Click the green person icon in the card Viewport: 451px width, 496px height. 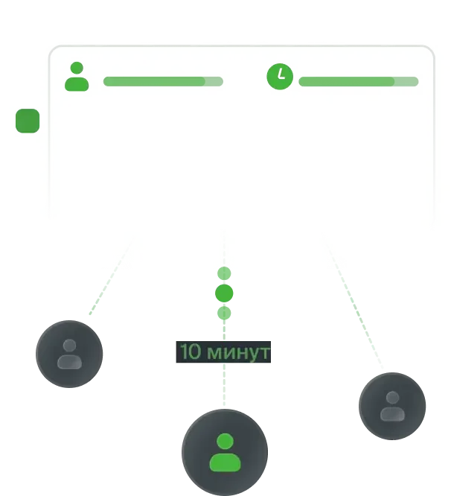[x=77, y=77]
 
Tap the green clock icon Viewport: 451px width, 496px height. [x=280, y=77]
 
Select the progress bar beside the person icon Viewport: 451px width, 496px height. [x=163, y=81]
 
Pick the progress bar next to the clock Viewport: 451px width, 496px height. [x=359, y=81]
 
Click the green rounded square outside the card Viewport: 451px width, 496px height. [x=28, y=121]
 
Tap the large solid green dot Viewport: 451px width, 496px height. [x=224, y=293]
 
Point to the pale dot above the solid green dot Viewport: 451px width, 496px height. [x=224, y=273]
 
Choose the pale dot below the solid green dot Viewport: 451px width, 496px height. [x=224, y=313]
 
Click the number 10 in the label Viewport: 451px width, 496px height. [x=191, y=352]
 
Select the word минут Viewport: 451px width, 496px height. [x=238, y=353]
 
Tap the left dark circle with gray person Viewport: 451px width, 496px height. [x=69, y=354]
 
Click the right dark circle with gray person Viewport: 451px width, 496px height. [x=392, y=406]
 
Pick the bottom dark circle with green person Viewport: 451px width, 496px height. [x=225, y=452]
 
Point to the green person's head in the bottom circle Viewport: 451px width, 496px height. [x=225, y=442]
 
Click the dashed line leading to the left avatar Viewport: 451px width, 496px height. [x=111, y=277]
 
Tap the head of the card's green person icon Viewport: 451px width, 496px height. [x=77, y=68]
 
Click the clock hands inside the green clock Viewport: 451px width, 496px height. [x=281, y=74]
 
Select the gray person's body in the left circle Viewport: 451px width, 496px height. [x=69, y=362]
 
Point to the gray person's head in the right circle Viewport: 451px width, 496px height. [x=392, y=398]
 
